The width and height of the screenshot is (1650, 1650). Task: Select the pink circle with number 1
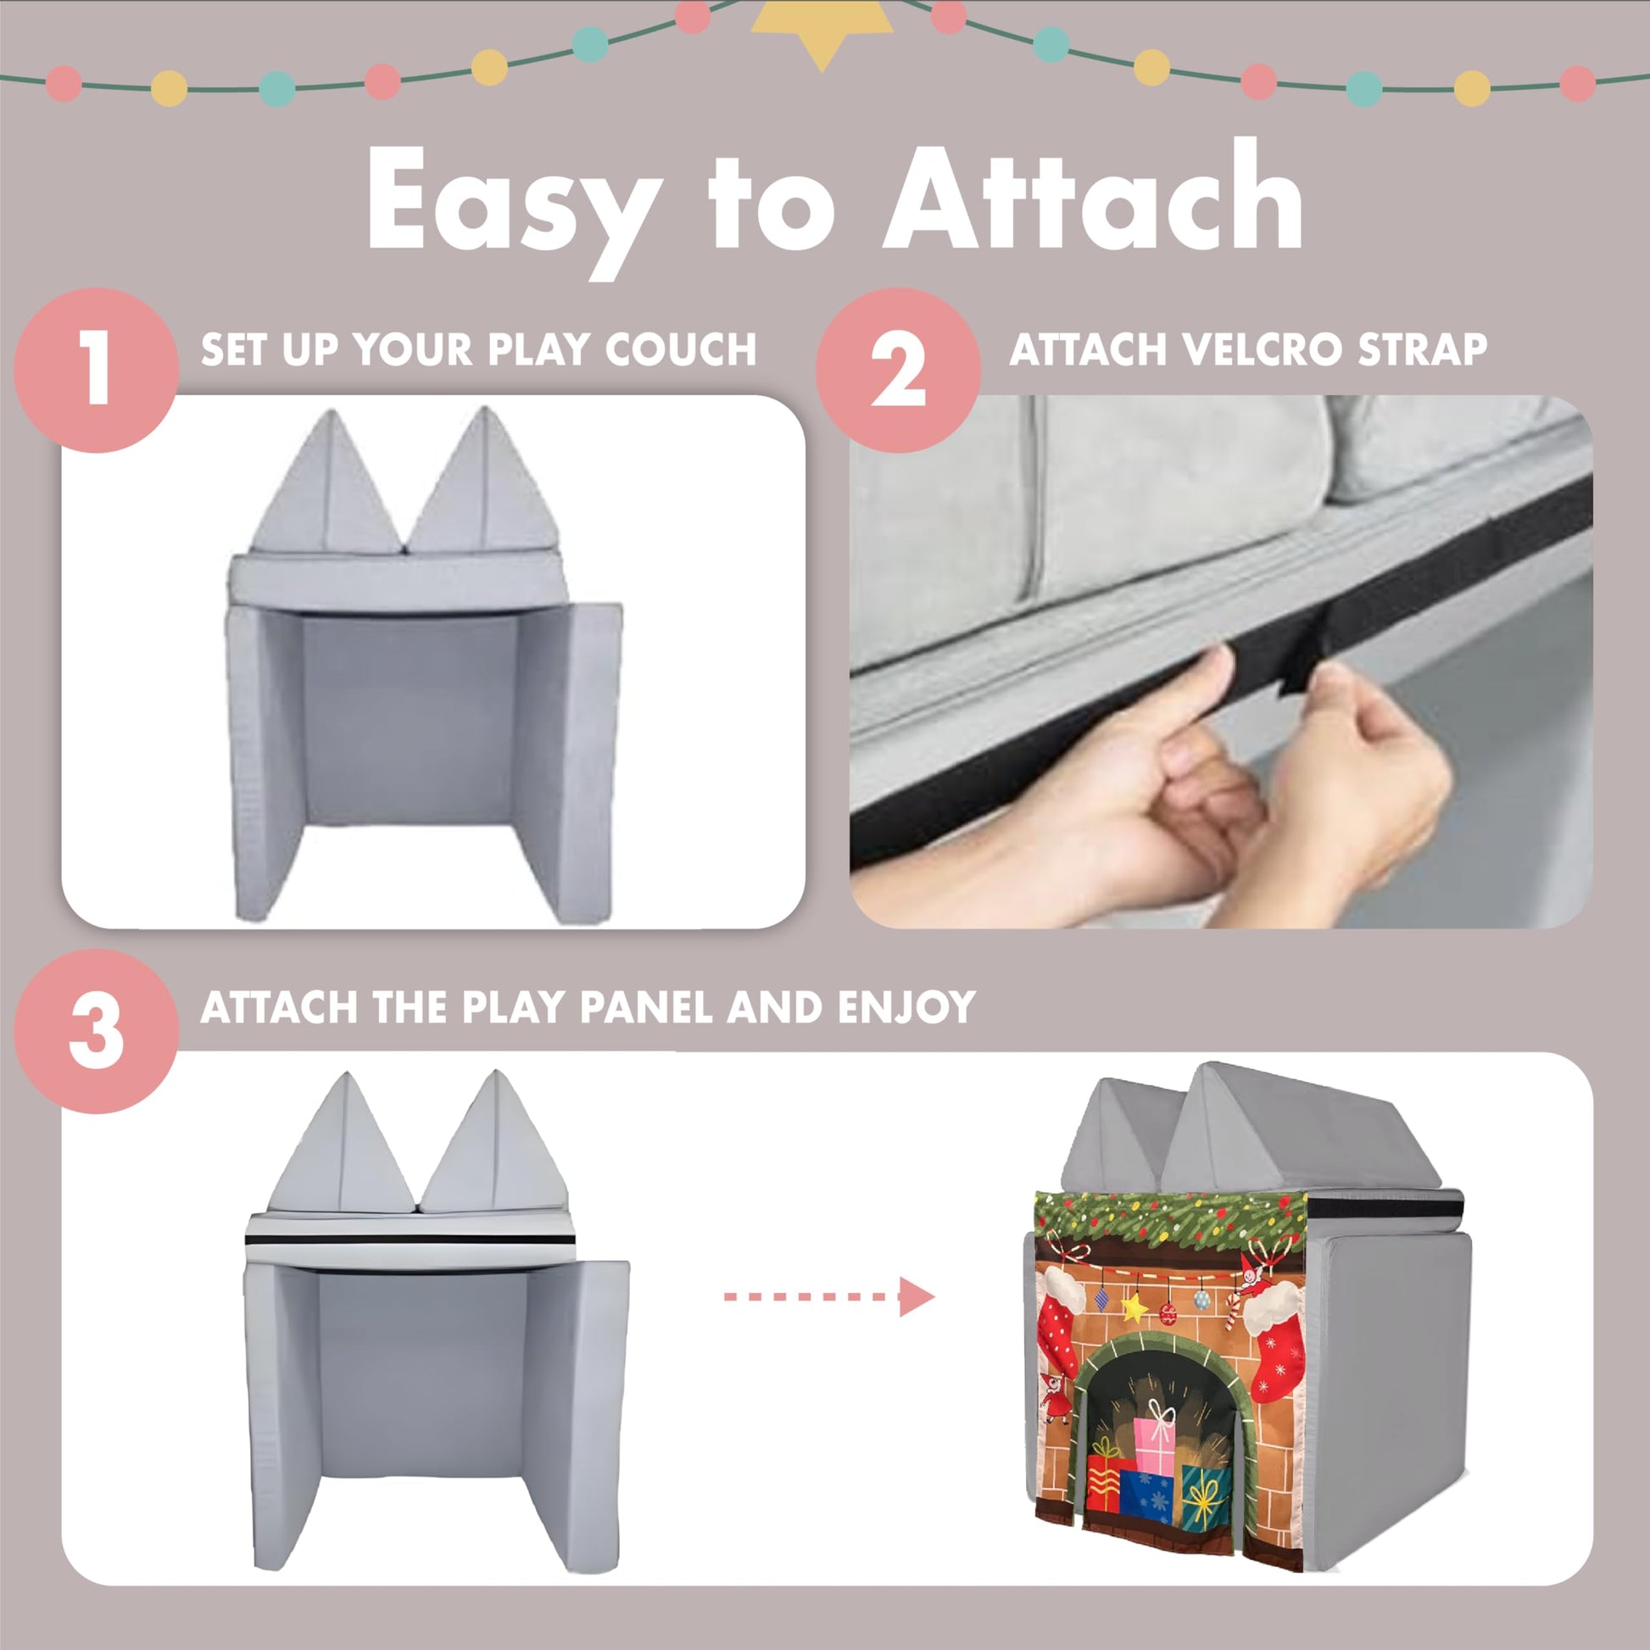97,370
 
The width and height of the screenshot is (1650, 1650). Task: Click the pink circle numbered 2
899,370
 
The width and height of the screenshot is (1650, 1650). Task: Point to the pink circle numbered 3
97,1032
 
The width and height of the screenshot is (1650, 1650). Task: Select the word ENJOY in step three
906,1008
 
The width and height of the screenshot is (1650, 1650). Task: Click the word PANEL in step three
650,1008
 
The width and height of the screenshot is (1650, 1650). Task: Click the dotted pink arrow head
917,1297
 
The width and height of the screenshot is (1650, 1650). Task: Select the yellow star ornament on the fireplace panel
1134,1307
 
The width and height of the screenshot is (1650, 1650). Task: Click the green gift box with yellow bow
1206,1497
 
